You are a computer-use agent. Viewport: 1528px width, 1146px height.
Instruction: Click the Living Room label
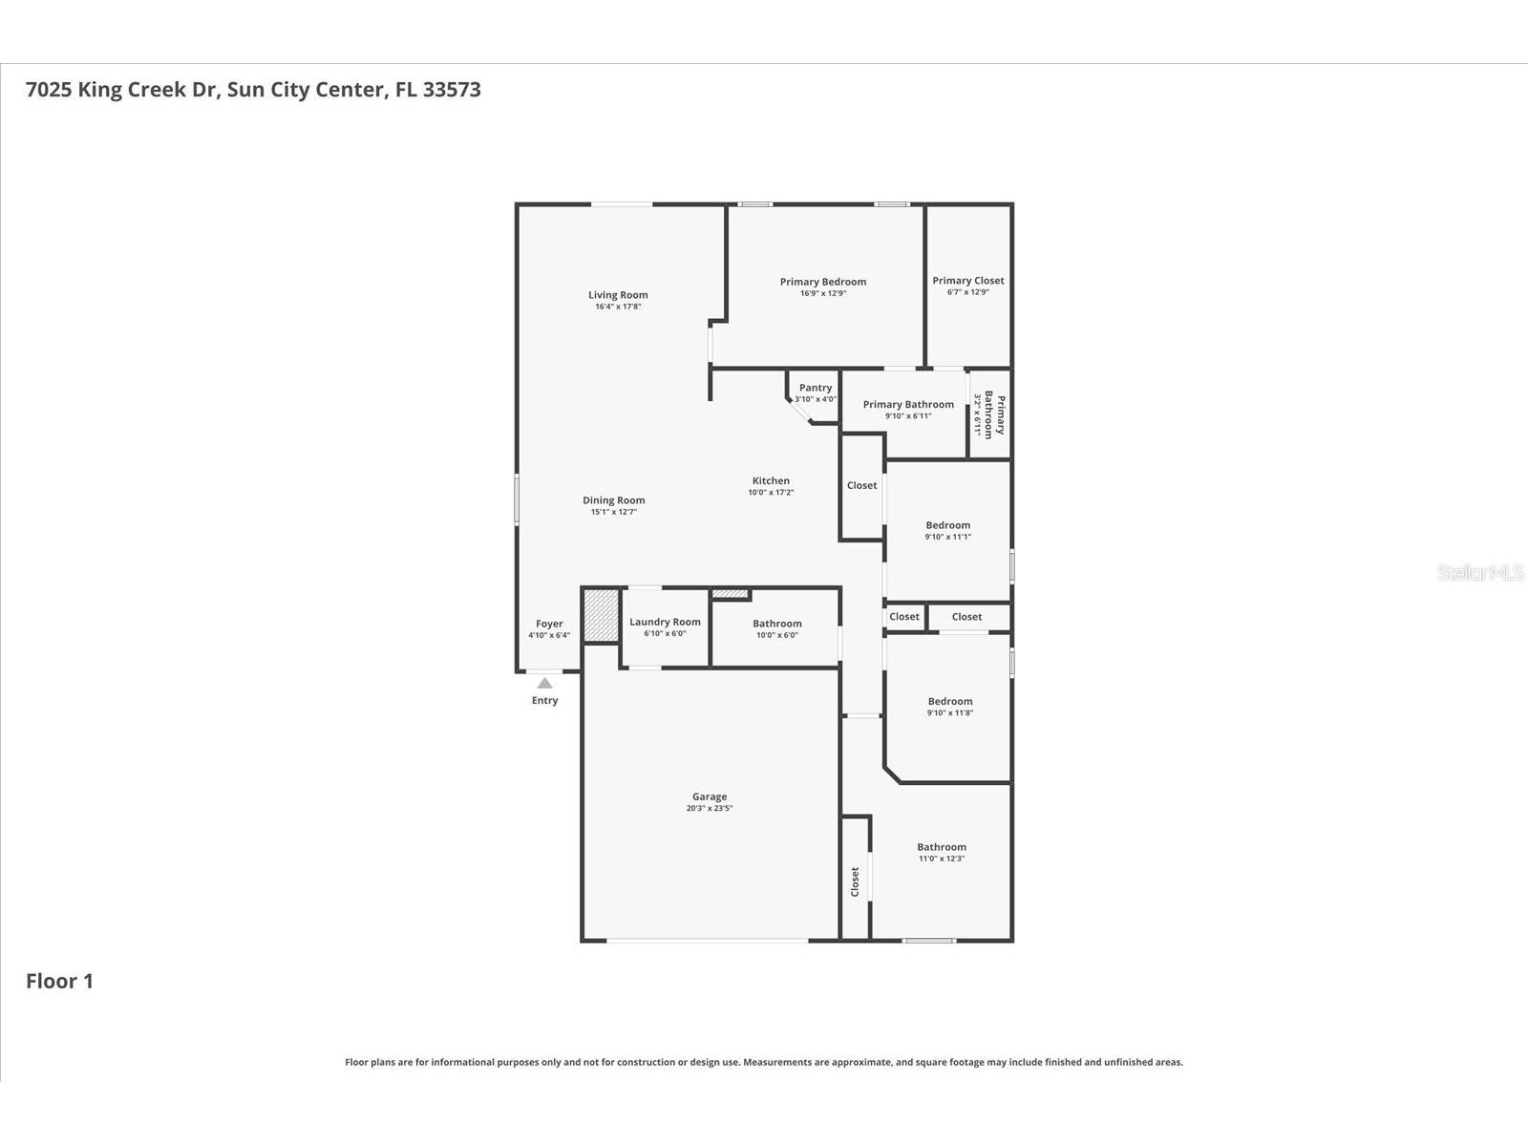coord(618,295)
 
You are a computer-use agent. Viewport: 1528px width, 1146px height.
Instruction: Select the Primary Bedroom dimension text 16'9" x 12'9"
coord(822,293)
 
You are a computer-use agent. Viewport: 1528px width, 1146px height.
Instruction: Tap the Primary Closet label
coord(967,281)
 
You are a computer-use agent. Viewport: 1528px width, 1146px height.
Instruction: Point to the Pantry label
coord(815,388)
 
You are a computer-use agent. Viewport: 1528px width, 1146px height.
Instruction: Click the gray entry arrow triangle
coord(544,683)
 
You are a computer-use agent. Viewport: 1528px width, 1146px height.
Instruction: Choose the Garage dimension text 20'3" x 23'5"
coord(709,808)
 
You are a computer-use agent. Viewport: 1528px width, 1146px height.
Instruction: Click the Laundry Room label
coord(665,622)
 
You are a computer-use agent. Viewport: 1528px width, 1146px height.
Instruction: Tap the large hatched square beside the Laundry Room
coord(601,616)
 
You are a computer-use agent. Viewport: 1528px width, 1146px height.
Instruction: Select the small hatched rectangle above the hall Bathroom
coord(730,594)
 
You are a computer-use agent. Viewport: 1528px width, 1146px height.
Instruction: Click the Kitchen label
coord(770,481)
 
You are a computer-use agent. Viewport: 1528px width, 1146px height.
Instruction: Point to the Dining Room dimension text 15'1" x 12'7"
coord(613,512)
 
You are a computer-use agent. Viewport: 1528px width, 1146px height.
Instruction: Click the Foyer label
coord(548,624)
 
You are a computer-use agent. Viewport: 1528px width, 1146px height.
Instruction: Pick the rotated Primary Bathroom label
coord(994,414)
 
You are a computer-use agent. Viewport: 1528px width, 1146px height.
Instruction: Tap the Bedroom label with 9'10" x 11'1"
coord(947,525)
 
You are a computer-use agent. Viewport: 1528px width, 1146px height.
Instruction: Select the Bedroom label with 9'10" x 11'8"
coord(949,701)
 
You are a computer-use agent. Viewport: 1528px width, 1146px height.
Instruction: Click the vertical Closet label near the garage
coord(855,881)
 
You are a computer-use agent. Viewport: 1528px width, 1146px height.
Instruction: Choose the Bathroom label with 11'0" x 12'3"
coord(941,847)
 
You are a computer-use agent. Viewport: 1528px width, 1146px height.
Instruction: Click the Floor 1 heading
coord(59,981)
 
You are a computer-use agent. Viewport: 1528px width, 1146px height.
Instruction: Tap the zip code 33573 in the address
coord(451,90)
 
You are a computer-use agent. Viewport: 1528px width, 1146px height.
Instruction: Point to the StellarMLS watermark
coord(1480,573)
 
